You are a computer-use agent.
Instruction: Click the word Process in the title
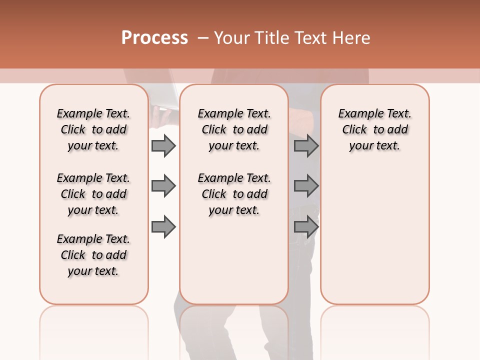[154, 38]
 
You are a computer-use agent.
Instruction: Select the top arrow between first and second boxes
[163, 146]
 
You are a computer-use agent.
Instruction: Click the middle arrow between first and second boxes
[163, 186]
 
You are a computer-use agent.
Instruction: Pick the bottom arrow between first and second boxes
[163, 227]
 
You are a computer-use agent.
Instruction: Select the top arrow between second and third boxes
[306, 146]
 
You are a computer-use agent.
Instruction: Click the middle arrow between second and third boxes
[306, 186]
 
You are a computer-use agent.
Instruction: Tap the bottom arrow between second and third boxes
[306, 227]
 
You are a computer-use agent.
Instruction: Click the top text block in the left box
[93, 129]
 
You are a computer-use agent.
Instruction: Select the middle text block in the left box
[93, 194]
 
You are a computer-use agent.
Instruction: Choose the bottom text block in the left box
[93, 255]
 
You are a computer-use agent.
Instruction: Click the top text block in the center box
[234, 129]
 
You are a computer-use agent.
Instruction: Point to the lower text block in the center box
[234, 194]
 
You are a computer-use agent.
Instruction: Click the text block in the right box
[374, 129]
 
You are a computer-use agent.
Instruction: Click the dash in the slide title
[203, 38]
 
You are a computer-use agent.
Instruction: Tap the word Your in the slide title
[231, 38]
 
